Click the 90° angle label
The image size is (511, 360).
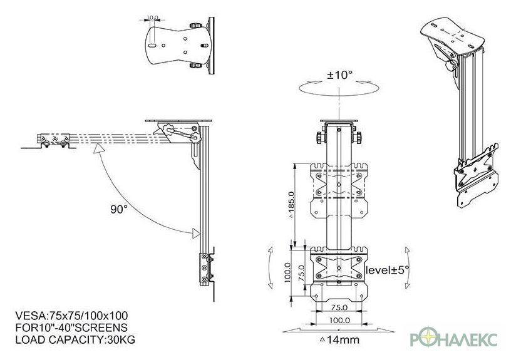point(118,209)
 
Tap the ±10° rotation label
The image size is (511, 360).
point(339,75)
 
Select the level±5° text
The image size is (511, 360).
point(387,270)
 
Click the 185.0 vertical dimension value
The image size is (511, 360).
point(291,204)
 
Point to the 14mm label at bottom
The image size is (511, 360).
point(340,340)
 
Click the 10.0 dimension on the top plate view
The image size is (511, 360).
point(152,18)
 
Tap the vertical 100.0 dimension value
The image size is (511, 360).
point(287,273)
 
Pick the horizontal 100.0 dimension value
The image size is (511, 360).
point(339,321)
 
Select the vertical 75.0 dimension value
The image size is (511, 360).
point(301,273)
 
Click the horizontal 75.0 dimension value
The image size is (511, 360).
point(339,307)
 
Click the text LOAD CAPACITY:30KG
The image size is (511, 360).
point(75,340)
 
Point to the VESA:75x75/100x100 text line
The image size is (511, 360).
point(71,316)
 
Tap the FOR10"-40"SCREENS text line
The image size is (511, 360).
point(71,327)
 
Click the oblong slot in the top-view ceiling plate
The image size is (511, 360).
point(152,46)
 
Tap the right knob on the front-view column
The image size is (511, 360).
point(358,138)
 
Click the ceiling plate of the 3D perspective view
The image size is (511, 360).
point(452,35)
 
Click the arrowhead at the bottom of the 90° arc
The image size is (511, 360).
point(196,233)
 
